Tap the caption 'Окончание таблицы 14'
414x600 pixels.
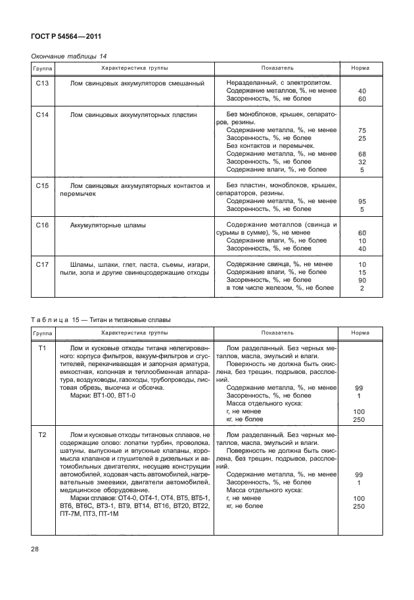(64, 56)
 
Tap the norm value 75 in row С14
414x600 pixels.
(361, 131)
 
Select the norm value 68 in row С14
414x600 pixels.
(361, 154)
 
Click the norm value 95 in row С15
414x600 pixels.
(361, 202)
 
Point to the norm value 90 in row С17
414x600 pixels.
(361, 280)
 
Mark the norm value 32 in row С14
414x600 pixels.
(361, 162)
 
